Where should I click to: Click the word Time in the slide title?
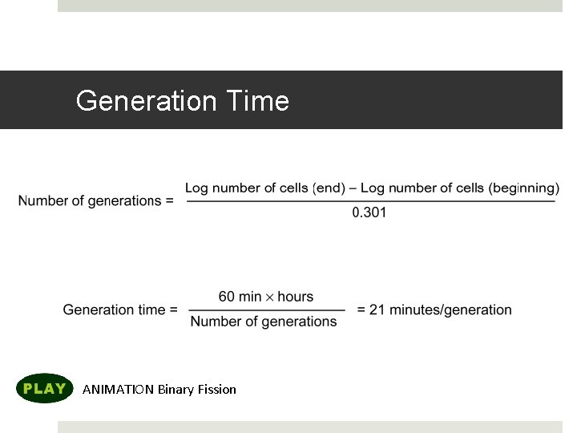pyautogui.click(x=257, y=101)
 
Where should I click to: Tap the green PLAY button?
pyautogui.click(x=45, y=389)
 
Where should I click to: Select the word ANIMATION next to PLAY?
pyautogui.click(x=119, y=390)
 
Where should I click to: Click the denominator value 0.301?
pyautogui.click(x=369, y=212)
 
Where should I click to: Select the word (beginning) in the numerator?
pyautogui.click(x=523, y=188)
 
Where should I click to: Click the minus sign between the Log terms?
pyautogui.click(x=353, y=188)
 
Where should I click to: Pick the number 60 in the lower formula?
pyautogui.click(x=227, y=297)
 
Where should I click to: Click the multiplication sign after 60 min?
pyautogui.click(x=270, y=297)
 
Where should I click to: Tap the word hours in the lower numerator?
pyautogui.click(x=296, y=297)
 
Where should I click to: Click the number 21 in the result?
pyautogui.click(x=378, y=310)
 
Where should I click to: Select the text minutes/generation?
pyautogui.click(x=451, y=310)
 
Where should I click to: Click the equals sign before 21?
pyautogui.click(x=361, y=310)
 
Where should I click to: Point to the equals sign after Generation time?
pyautogui.click(x=173, y=310)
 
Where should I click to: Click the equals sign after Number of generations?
pyautogui.click(x=169, y=200)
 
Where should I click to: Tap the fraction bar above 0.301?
pyautogui.click(x=370, y=200)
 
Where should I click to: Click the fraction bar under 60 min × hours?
pyautogui.click(x=267, y=310)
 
